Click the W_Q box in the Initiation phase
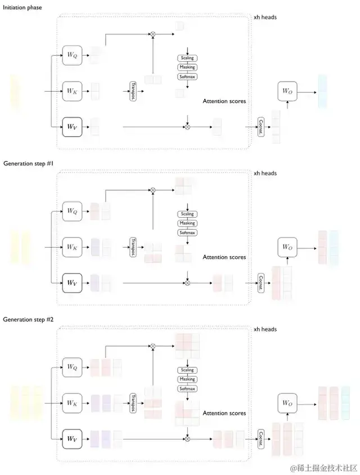tap(72, 55)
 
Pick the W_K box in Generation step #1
tap(72, 246)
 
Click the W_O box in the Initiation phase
tap(287, 91)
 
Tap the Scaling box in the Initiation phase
tap(187, 59)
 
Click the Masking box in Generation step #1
tap(187, 223)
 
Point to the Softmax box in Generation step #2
tap(187, 388)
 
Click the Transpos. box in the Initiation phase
tap(133, 90)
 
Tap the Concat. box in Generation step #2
tap(261, 438)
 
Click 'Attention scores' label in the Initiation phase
tap(224, 101)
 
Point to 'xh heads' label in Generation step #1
tap(265, 173)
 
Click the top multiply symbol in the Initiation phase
tap(152, 34)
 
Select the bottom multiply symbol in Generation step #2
tap(187, 438)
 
